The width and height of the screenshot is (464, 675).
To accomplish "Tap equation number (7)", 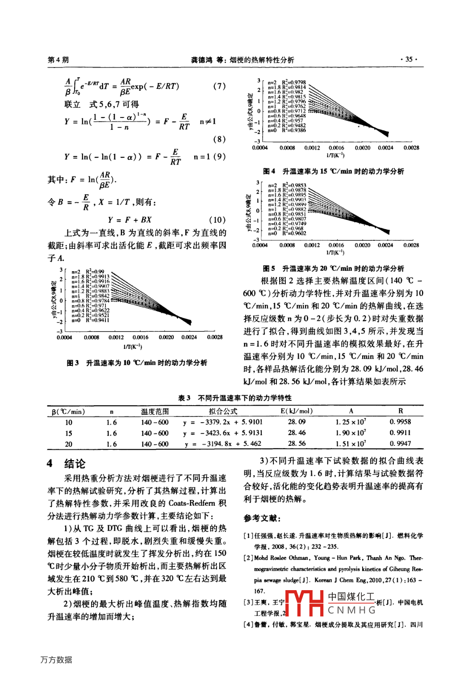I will point(219,86).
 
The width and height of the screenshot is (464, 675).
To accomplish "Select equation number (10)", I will point(217,220).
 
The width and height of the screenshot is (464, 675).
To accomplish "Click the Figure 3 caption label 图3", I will point(73,363).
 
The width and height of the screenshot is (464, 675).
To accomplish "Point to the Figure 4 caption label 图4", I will point(269,171).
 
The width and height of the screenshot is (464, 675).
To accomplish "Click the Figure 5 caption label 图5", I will point(269,268).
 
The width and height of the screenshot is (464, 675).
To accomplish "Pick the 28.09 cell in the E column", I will point(297,422).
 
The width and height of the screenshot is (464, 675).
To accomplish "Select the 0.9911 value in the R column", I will point(400,432).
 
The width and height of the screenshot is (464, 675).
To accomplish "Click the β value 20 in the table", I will point(68,444).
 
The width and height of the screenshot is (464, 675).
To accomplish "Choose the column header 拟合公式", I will point(223,411).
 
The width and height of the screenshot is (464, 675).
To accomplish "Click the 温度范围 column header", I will point(155,411).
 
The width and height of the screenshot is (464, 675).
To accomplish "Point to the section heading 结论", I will point(75,464).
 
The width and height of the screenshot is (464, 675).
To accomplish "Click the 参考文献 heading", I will point(262,518).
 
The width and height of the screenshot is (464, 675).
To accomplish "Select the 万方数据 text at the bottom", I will point(56,660).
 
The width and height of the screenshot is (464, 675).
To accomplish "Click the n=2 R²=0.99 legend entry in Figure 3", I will point(88,272).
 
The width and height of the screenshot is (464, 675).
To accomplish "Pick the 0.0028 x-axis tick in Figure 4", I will point(411,148).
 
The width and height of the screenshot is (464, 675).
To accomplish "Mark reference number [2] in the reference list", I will point(249,558).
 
